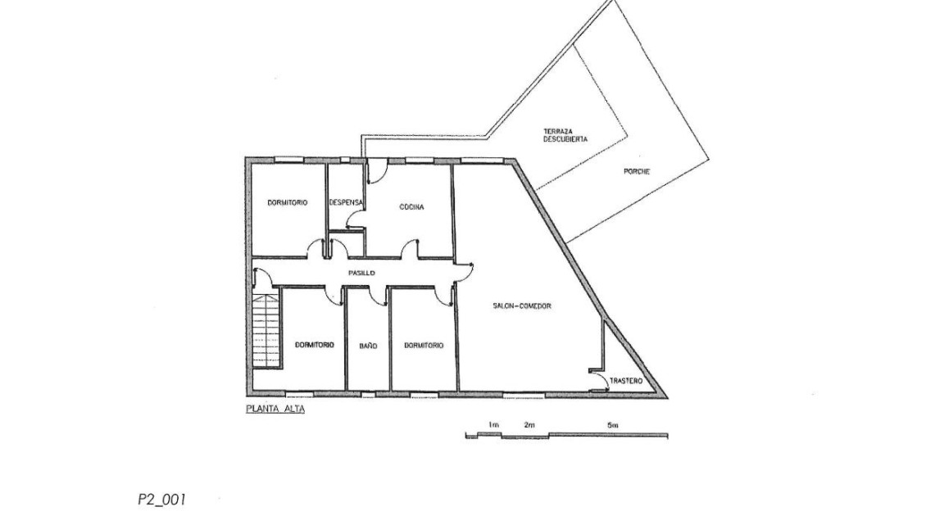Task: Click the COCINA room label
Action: click(x=411, y=207)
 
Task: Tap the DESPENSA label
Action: click(x=346, y=202)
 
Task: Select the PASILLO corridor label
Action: click(x=361, y=274)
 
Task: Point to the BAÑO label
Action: click(x=368, y=346)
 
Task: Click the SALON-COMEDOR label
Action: click(x=522, y=306)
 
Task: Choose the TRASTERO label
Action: click(x=626, y=382)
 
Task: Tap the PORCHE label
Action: click(x=637, y=172)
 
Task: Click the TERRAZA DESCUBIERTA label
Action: click(x=565, y=135)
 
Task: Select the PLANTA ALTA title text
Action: click(x=275, y=409)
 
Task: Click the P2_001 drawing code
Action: click(x=161, y=500)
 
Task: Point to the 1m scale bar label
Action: click(x=494, y=424)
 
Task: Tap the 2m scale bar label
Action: click(x=529, y=424)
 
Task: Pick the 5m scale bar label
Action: click(x=612, y=424)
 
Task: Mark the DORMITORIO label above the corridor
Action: click(x=288, y=202)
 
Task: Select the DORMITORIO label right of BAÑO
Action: click(x=424, y=346)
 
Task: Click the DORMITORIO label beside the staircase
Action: click(x=315, y=345)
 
